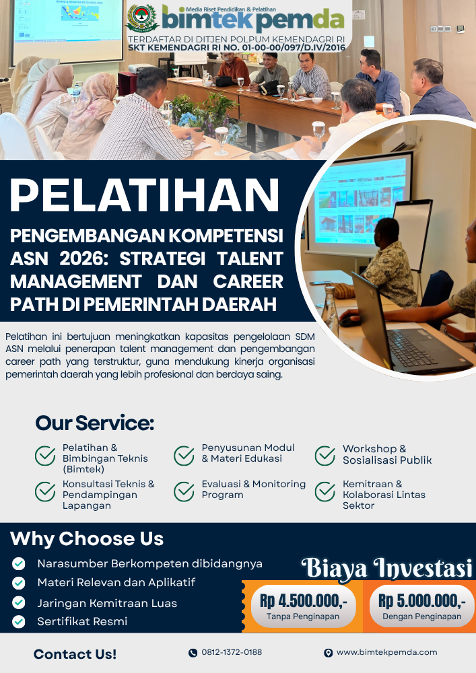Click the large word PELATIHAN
(x=145, y=196)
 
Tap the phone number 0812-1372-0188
(x=232, y=652)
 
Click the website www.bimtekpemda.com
(x=386, y=652)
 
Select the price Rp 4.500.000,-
(x=304, y=601)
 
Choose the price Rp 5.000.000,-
(x=422, y=601)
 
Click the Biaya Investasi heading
(x=386, y=568)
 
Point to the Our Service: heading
(x=94, y=423)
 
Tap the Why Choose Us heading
(x=87, y=539)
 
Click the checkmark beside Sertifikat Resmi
(x=18, y=621)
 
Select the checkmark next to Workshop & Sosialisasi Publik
(x=325, y=456)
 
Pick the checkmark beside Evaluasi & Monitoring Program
(x=184, y=492)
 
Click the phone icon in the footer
(x=193, y=653)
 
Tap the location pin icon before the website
(x=329, y=653)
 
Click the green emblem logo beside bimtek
(x=142, y=18)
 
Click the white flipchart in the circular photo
(x=413, y=234)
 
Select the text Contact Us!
(x=75, y=654)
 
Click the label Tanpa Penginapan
(x=303, y=616)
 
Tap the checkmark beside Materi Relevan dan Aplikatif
(x=18, y=583)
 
